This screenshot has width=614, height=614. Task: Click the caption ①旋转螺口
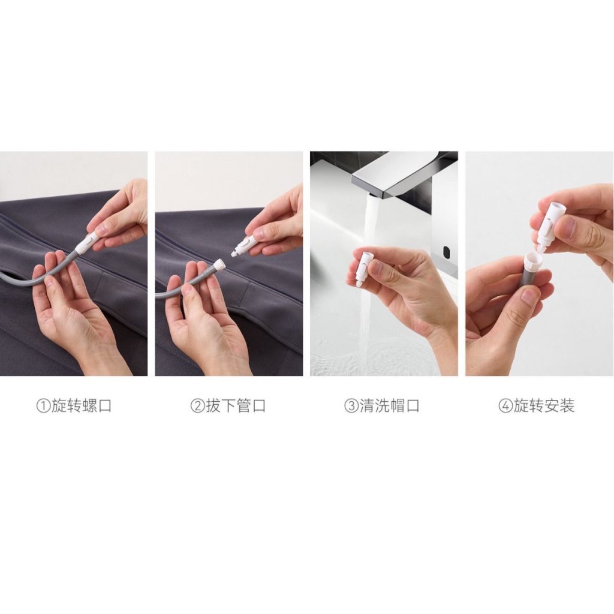tap(74, 406)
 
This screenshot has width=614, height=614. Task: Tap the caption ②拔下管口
tap(228, 406)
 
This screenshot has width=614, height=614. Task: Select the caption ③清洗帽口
tap(382, 406)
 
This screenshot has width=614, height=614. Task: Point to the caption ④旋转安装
tap(536, 406)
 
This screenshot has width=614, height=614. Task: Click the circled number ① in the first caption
tap(43, 406)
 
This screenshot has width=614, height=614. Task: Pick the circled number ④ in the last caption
tap(505, 406)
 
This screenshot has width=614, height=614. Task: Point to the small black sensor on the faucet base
tap(446, 251)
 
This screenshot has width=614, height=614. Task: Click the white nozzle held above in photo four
tap(550, 225)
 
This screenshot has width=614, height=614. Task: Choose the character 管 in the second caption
tap(243, 406)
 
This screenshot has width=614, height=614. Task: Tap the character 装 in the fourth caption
tap(567, 406)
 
